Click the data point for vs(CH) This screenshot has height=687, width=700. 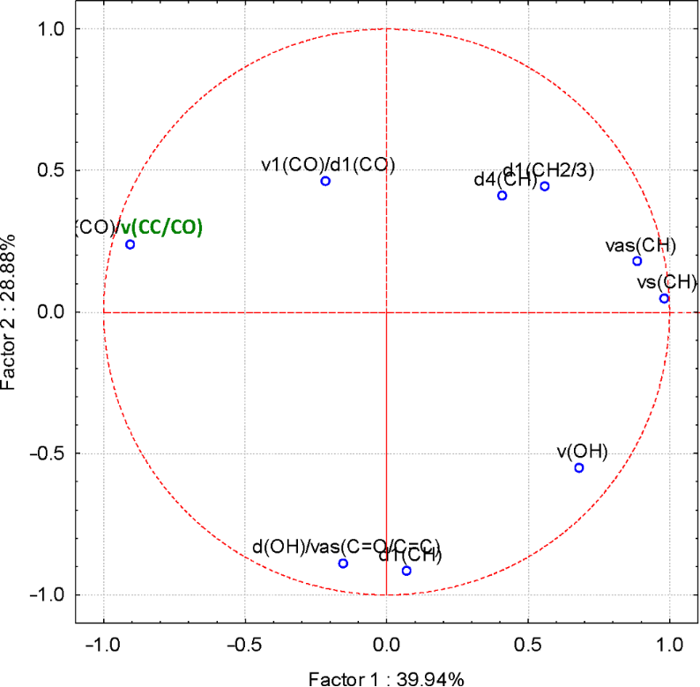pos(664,298)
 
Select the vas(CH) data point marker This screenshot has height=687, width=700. pos(637,261)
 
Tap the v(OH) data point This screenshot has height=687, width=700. pos(579,467)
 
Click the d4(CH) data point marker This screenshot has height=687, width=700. pos(503,196)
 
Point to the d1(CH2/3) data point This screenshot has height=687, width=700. pos(545,186)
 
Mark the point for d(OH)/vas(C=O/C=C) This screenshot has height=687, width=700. pos(343,564)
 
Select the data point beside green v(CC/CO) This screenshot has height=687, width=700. pos(130,244)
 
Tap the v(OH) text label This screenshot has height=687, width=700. pos(582,452)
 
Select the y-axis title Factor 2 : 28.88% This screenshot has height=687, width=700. pos(12,313)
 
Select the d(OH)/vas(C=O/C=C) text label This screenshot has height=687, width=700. pos(346,547)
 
